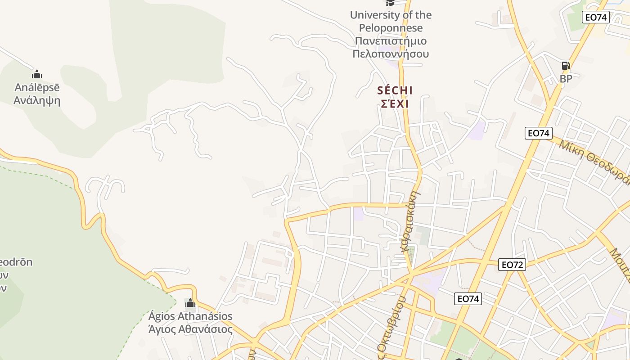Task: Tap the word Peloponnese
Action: point(391,28)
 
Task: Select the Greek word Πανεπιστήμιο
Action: point(391,41)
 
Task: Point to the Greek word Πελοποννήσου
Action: point(391,54)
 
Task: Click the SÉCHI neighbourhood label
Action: point(395,90)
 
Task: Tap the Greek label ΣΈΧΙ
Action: point(395,104)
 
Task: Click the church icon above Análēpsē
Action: point(37,74)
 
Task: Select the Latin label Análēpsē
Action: point(37,87)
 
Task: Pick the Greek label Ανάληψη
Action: point(37,100)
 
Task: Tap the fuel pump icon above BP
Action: point(566,66)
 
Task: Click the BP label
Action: point(566,79)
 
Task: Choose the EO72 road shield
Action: point(512,265)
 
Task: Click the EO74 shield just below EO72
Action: point(468,298)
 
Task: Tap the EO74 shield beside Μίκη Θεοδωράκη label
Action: point(539,133)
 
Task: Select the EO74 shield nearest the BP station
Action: point(595,18)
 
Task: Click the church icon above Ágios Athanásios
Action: point(190,303)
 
